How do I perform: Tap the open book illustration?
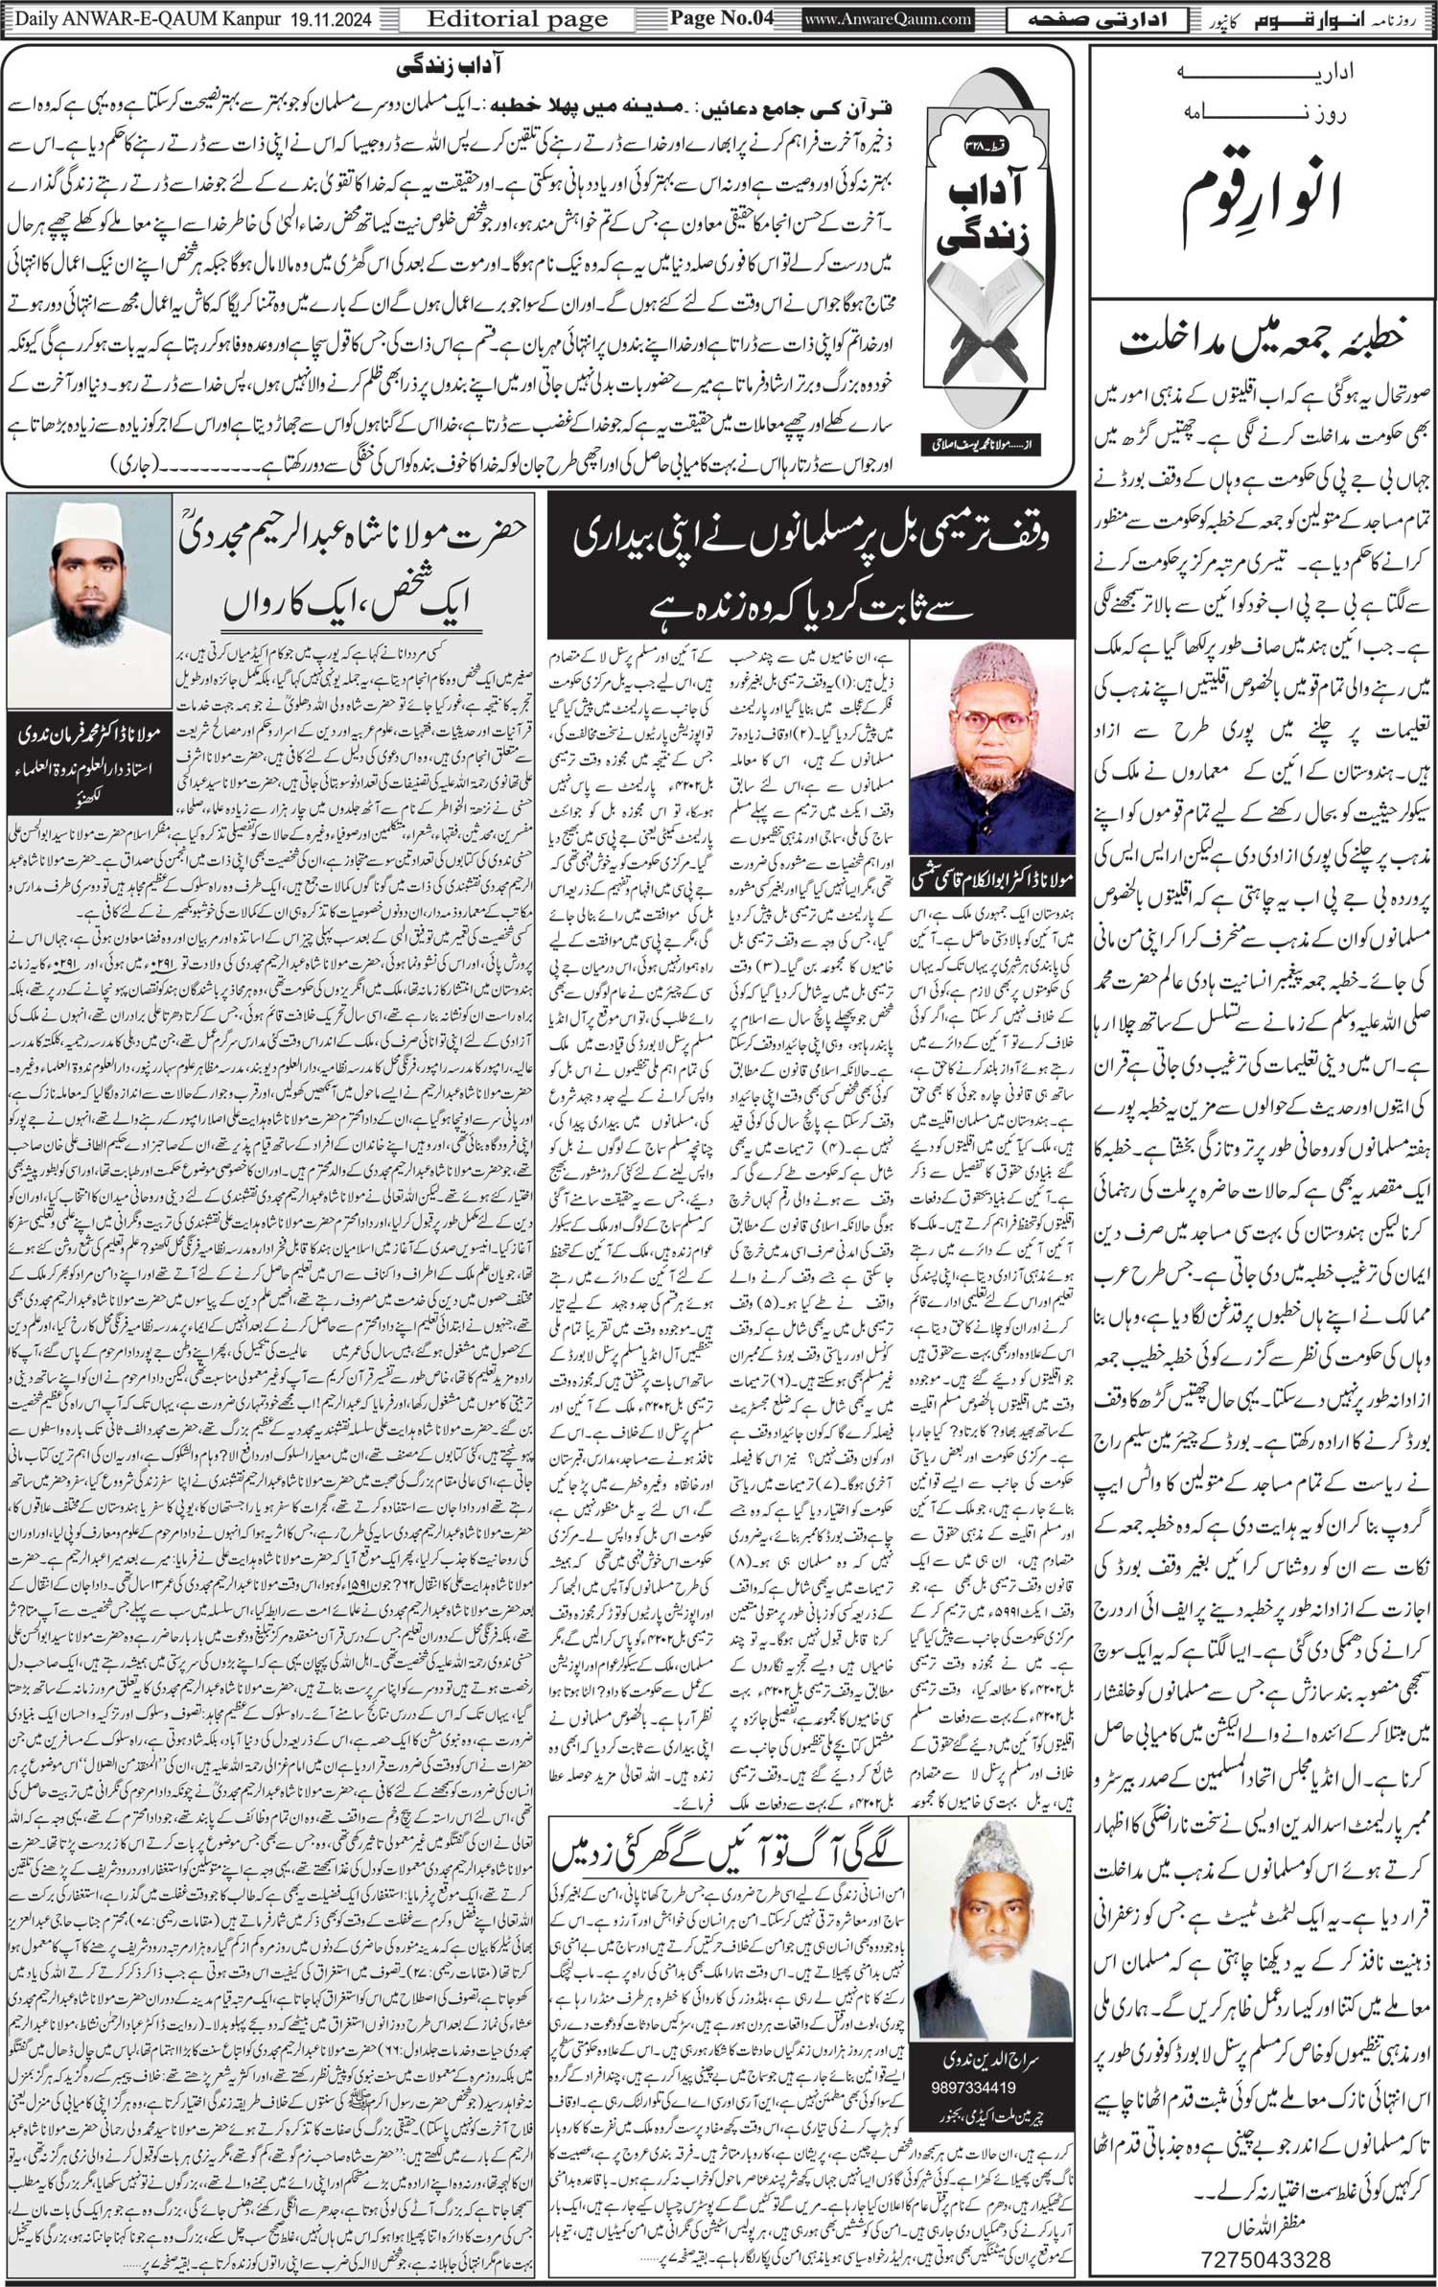(991, 332)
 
